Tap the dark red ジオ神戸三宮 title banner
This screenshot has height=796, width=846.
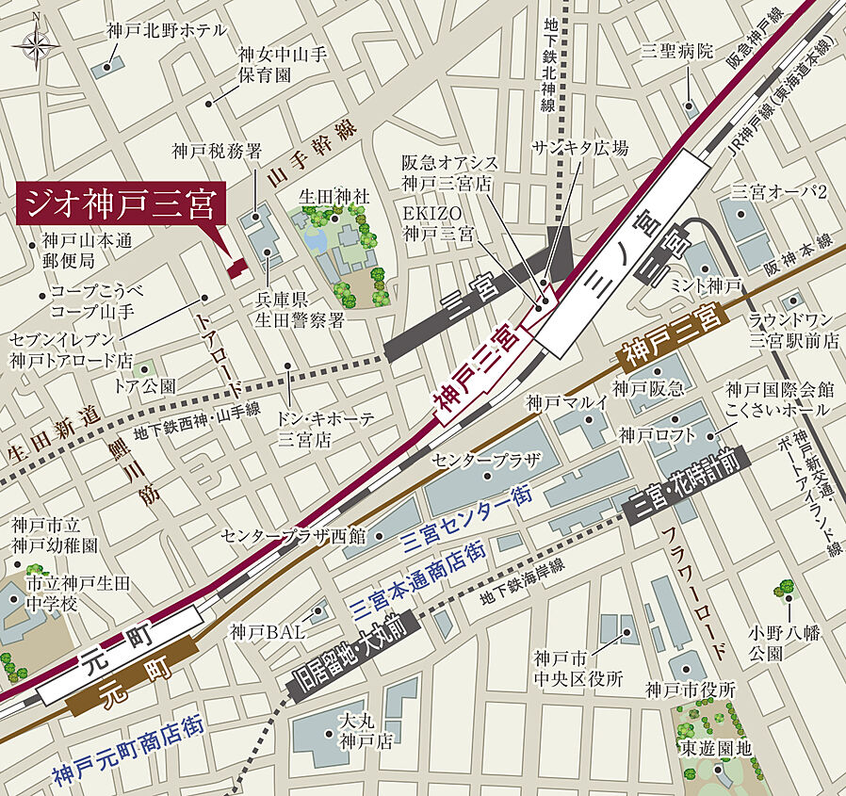pyautogui.click(x=119, y=203)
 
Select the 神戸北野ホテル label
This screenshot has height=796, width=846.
pyautogui.click(x=166, y=31)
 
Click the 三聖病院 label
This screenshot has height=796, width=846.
pyautogui.click(x=678, y=50)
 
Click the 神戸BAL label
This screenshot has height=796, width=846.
pyautogui.click(x=267, y=633)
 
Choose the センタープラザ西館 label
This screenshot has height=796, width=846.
pyautogui.click(x=293, y=536)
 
